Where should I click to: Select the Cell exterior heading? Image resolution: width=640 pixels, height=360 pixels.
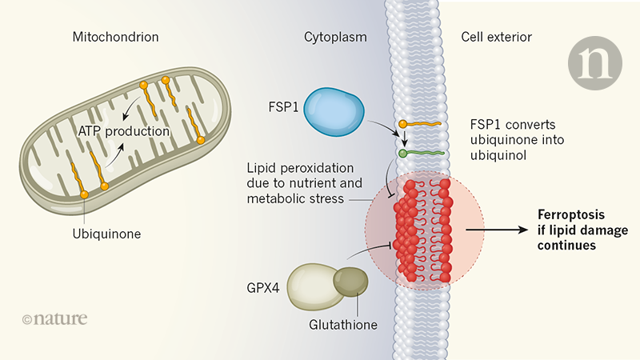[496, 38]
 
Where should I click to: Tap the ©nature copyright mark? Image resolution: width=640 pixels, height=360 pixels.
[54, 320]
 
